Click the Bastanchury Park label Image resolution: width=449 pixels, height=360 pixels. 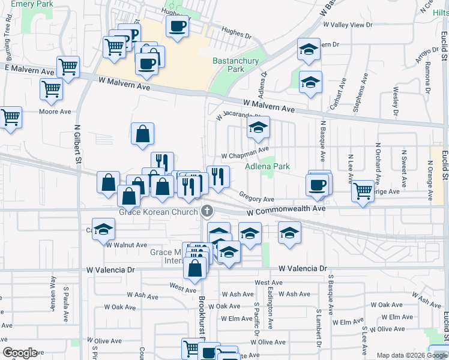(x=229, y=65)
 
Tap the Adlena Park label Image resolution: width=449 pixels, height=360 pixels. (x=267, y=166)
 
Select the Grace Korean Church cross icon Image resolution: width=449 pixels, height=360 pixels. (x=207, y=211)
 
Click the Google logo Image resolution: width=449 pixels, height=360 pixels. (x=20, y=353)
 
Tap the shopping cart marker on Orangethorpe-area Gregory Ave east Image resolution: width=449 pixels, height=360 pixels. (x=363, y=191)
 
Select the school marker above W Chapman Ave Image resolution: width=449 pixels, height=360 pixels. (x=258, y=127)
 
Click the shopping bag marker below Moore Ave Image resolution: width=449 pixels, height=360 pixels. (x=142, y=134)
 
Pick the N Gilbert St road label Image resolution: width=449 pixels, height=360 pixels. (x=77, y=146)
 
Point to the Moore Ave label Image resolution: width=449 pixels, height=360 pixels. (x=55, y=112)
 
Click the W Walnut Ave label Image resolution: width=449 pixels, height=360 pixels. (x=127, y=245)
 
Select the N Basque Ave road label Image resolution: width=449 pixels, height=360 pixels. (x=322, y=147)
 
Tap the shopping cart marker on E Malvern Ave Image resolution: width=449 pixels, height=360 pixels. (x=68, y=67)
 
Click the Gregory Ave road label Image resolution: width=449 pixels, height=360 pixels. (x=256, y=197)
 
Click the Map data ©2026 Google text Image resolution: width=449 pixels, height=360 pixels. (x=411, y=355)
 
